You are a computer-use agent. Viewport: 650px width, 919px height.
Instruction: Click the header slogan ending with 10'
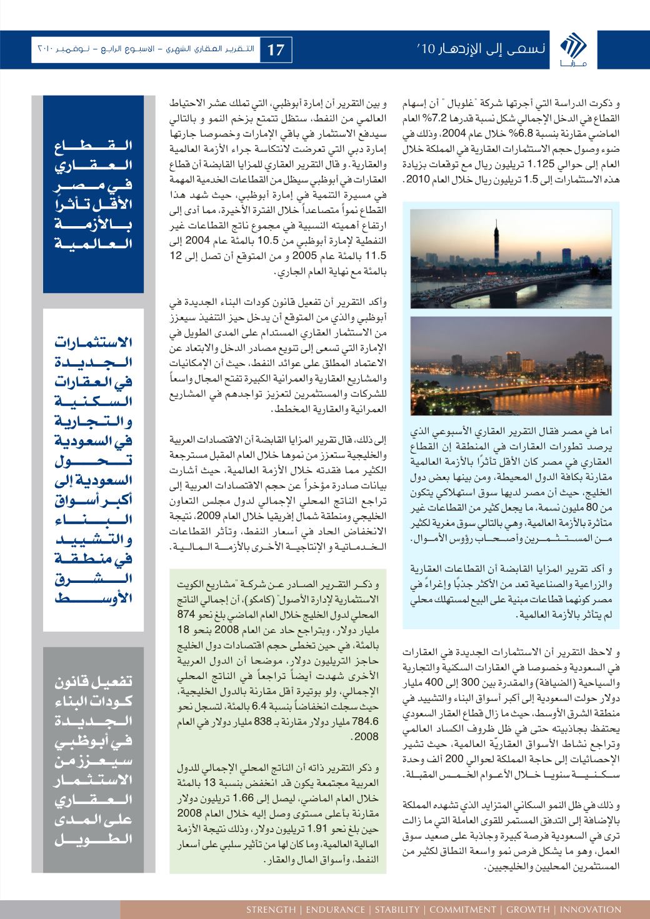click(482, 49)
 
